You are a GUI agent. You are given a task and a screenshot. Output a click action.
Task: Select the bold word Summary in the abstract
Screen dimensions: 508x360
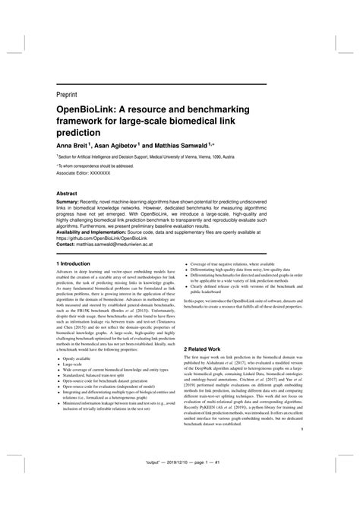pyautogui.click(x=68, y=205)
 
